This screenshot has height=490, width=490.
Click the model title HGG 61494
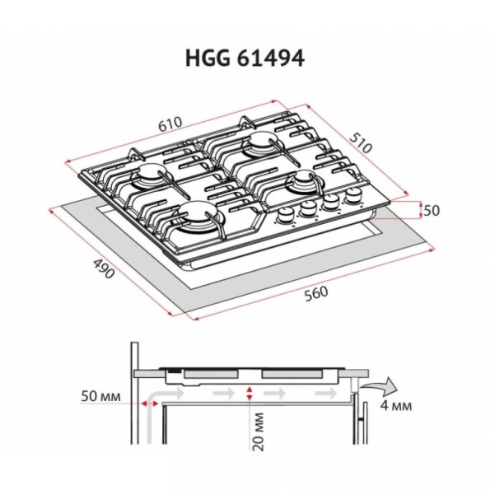(x=245, y=58)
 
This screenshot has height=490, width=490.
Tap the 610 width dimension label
(x=170, y=124)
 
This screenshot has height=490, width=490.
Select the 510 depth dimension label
(x=361, y=142)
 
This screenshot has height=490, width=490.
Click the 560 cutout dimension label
(x=316, y=294)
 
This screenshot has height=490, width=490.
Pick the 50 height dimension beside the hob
(x=432, y=211)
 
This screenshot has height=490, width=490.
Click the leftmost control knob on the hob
(x=286, y=215)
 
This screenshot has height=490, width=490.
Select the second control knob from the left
(x=309, y=208)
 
